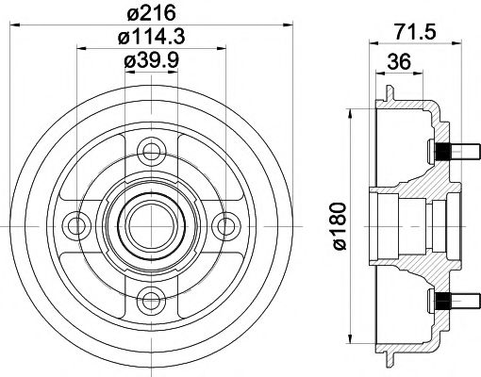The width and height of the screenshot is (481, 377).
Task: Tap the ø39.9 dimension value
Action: (x=147, y=62)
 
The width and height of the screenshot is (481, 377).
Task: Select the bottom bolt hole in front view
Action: (x=146, y=299)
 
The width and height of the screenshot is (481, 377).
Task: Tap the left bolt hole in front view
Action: (x=72, y=223)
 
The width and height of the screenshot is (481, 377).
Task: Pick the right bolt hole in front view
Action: (x=222, y=223)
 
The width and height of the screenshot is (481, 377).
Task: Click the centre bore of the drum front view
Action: (x=146, y=223)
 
